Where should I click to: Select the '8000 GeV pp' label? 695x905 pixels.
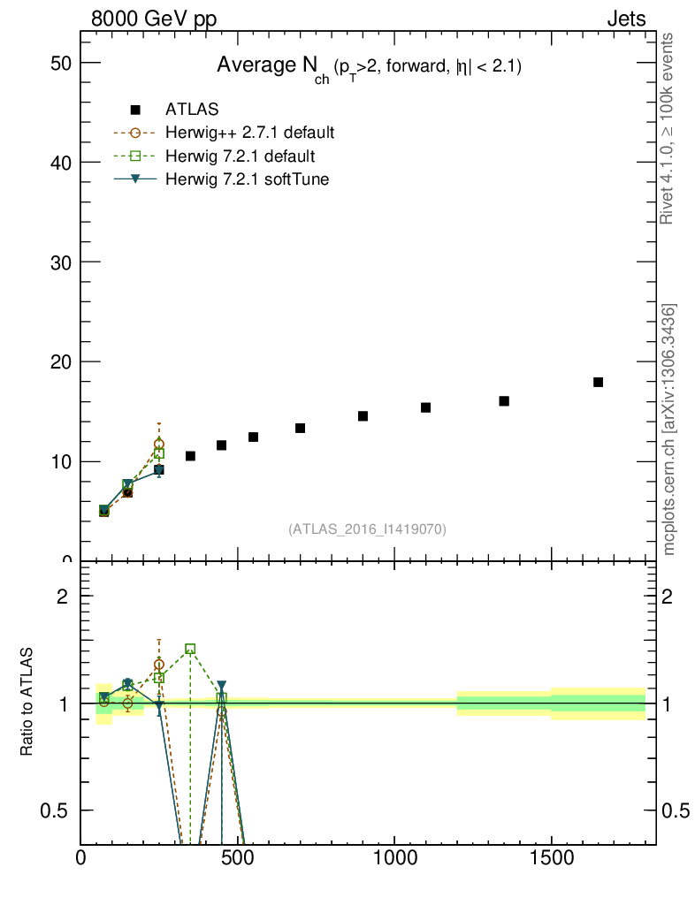coord(154,19)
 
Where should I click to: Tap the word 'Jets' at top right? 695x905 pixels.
coord(625,19)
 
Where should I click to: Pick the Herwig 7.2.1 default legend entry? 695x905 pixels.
coord(240,156)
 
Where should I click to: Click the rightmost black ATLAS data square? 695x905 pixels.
coord(598,382)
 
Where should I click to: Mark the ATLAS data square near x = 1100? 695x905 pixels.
coord(425,407)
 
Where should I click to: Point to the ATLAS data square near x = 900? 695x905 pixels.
coord(363,415)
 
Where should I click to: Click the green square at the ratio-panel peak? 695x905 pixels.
coord(190,649)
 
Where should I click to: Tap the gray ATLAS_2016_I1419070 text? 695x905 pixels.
coord(367,529)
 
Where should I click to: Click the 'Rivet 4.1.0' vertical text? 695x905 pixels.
coord(668,128)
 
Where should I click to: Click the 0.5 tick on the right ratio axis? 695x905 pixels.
coord(674,810)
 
